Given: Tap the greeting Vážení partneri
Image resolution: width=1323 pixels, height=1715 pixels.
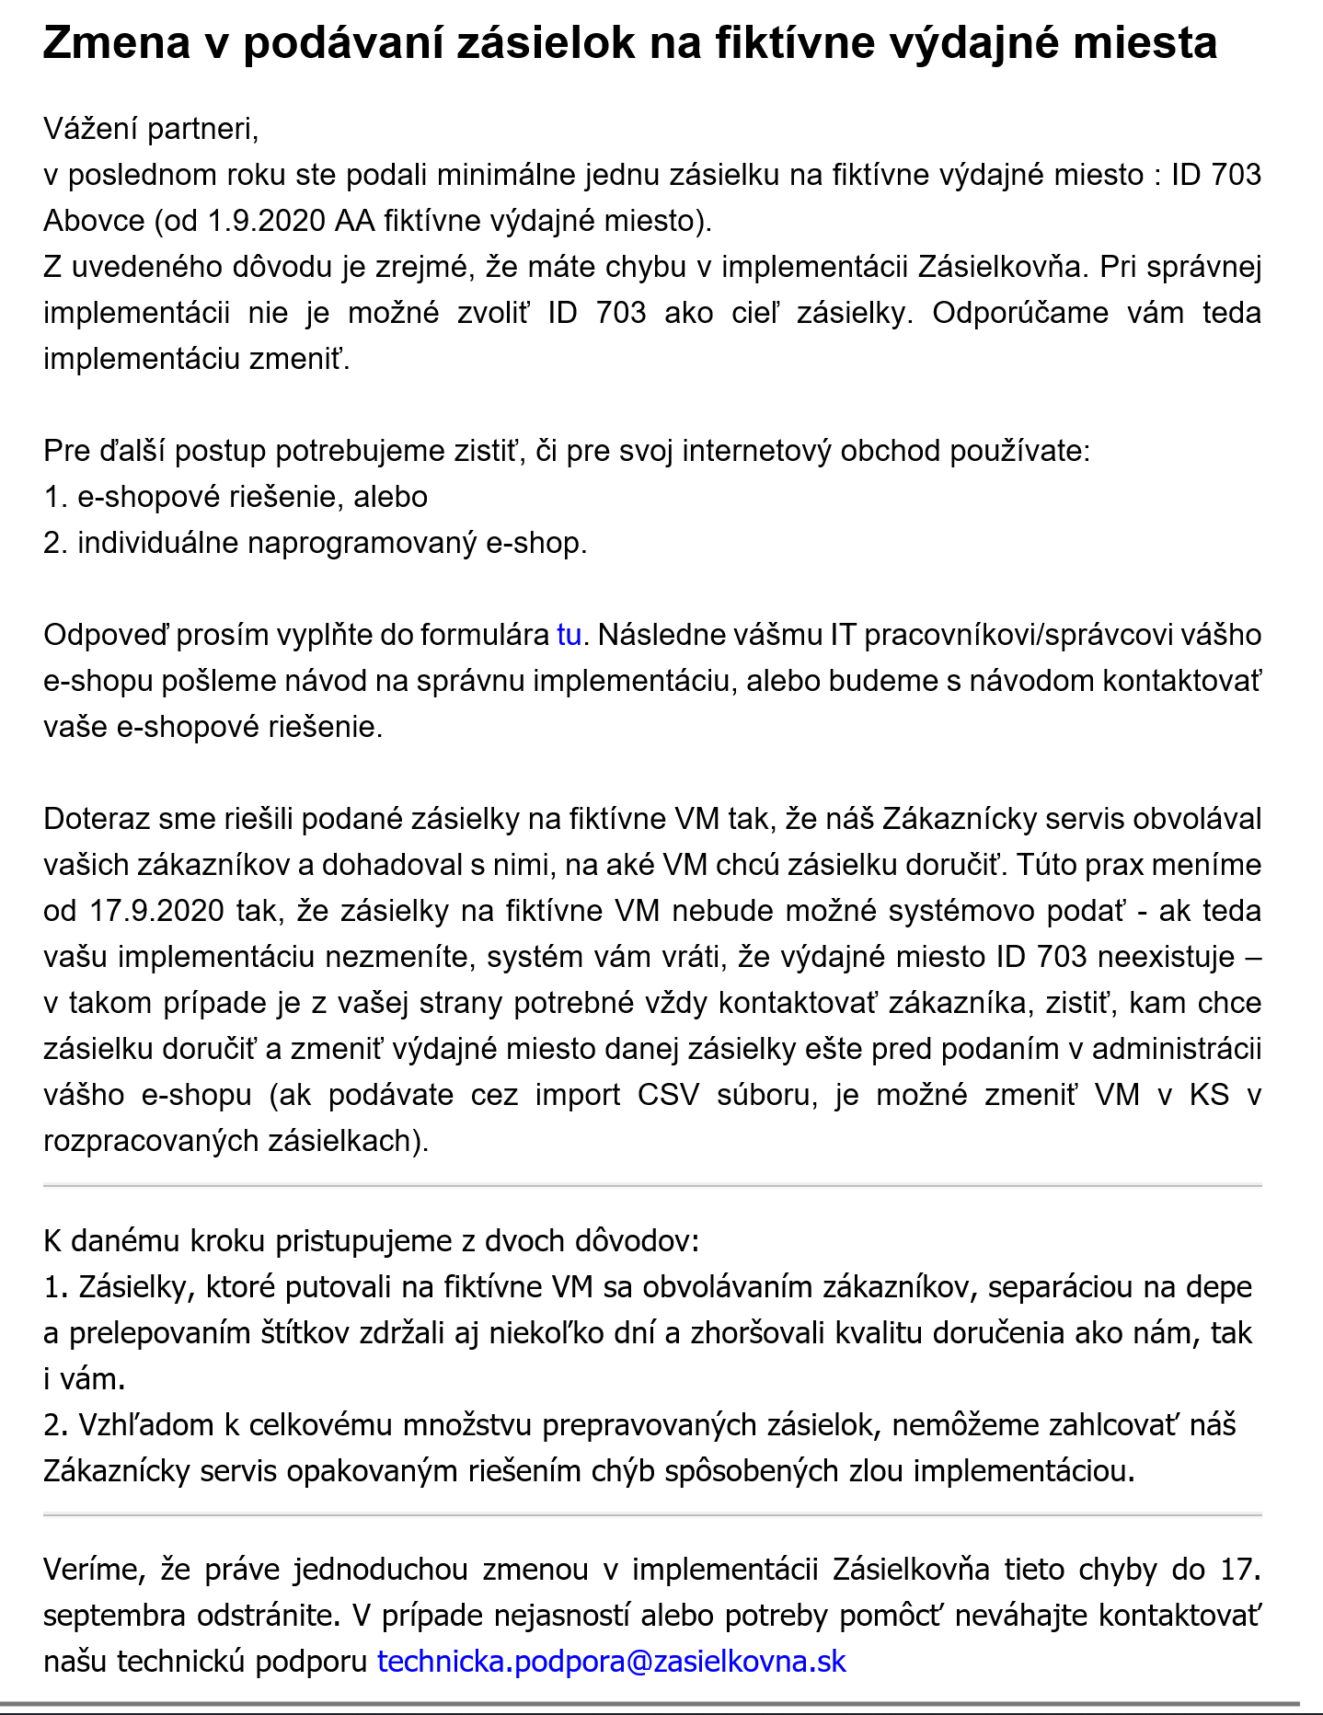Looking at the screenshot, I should tap(151, 129).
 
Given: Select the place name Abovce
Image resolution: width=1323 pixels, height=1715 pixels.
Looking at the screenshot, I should tap(94, 221).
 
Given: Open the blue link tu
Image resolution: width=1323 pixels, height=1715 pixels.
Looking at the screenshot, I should tap(569, 635).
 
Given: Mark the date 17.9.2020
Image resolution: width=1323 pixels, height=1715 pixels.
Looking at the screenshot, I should tap(156, 911).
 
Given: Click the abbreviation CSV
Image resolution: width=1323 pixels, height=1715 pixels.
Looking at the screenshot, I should tap(670, 1095).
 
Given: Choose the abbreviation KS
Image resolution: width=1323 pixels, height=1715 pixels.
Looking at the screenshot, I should tap(1209, 1095).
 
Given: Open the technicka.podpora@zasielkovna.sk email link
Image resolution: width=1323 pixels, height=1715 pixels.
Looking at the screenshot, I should tap(612, 1661).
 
